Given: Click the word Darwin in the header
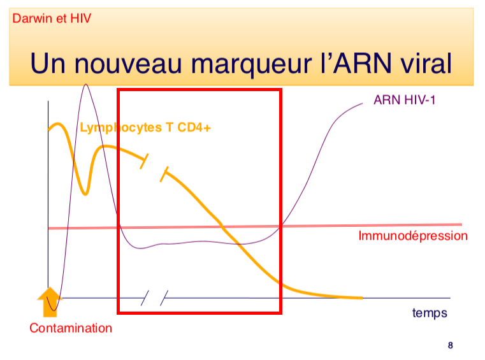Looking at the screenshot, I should coord(31,18).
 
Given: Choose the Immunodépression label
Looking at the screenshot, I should coord(413,236).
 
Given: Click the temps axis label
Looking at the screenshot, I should coord(430,313).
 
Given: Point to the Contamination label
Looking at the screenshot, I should coord(71,329).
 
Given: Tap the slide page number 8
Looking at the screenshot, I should coord(451,346).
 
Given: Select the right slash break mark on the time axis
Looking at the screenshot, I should coord(164,297).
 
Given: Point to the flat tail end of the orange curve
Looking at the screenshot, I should coord(351,297).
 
